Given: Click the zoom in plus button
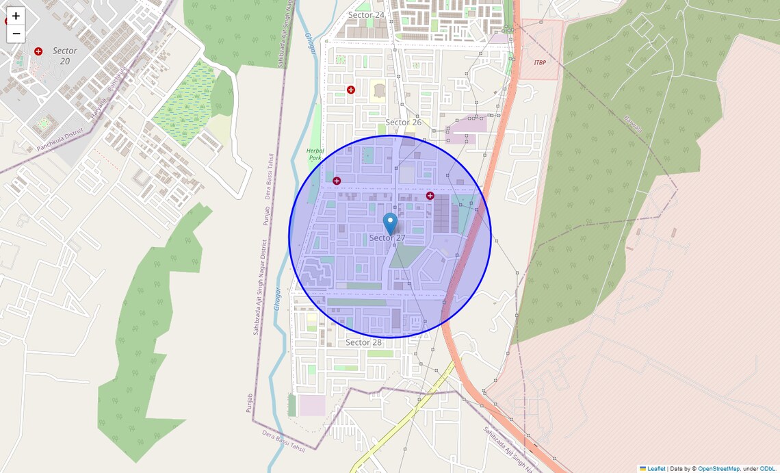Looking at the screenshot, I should [x=16, y=16].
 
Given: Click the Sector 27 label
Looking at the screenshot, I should [x=387, y=238].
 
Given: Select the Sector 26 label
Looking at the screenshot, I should [x=403, y=123].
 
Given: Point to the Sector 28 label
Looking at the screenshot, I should [x=363, y=342].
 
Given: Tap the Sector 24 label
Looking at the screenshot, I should [x=366, y=15].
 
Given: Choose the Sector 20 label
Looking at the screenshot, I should [x=65, y=55].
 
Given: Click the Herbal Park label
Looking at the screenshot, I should [x=315, y=154].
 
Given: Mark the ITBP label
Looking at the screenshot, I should [x=540, y=62].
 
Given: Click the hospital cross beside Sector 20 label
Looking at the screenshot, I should [x=38, y=51].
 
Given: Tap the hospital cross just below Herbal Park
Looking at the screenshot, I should [x=337, y=181].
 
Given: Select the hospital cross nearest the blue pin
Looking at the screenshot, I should [x=430, y=196].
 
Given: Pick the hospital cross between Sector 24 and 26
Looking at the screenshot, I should [x=351, y=90].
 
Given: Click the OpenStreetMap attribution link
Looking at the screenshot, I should [x=718, y=469].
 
